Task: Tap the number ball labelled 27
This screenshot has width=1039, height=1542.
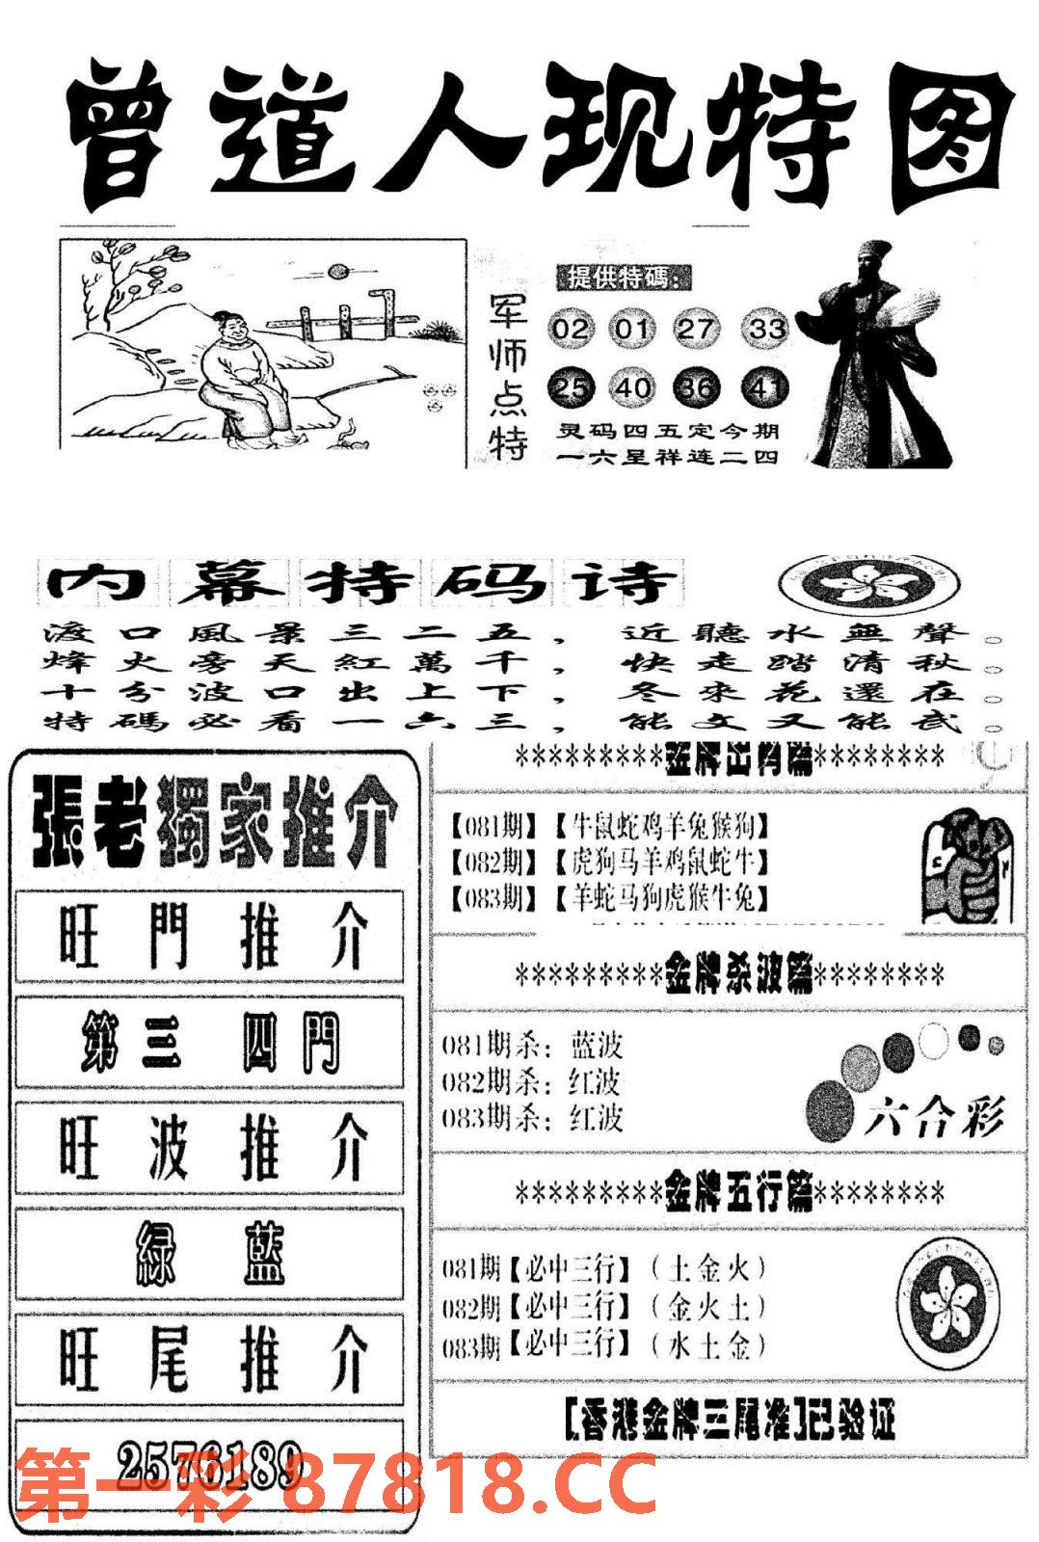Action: point(695,330)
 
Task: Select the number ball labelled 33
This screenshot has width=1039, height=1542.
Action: point(767,330)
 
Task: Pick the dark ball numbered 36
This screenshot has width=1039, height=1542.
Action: point(698,387)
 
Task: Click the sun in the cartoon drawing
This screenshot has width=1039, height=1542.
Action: point(337,274)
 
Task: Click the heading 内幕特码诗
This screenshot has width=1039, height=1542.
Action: point(361,584)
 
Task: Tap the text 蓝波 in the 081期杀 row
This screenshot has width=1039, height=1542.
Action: point(597,1045)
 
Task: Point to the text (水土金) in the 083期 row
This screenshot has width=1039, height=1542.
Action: point(707,1344)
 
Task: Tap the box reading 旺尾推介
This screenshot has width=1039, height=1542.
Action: point(209,1360)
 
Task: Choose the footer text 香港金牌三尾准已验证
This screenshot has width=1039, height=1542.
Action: point(730,1420)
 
